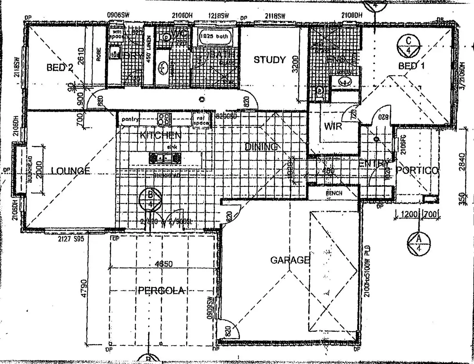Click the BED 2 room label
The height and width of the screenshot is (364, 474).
[60, 68]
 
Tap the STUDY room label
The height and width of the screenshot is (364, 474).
[270, 60]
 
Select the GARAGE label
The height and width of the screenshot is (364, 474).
[290, 260]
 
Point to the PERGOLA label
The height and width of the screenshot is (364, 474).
[161, 291]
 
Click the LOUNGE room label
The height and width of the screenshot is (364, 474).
[71, 170]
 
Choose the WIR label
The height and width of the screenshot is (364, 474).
[333, 126]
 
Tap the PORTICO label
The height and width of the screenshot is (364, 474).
[417, 170]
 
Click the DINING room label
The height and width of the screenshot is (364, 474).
[261, 147]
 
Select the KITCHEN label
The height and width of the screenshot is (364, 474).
[160, 135]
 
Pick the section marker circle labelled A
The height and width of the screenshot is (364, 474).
[419, 244]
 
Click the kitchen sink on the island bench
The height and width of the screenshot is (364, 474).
[165, 158]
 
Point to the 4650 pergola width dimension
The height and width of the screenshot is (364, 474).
[164, 264]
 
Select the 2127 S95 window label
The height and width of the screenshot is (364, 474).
[71, 239]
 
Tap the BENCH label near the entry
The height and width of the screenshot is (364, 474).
[334, 193]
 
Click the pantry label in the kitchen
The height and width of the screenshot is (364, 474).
[130, 120]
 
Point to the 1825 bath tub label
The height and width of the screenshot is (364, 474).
[214, 36]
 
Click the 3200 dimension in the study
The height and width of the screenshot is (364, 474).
[295, 64]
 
